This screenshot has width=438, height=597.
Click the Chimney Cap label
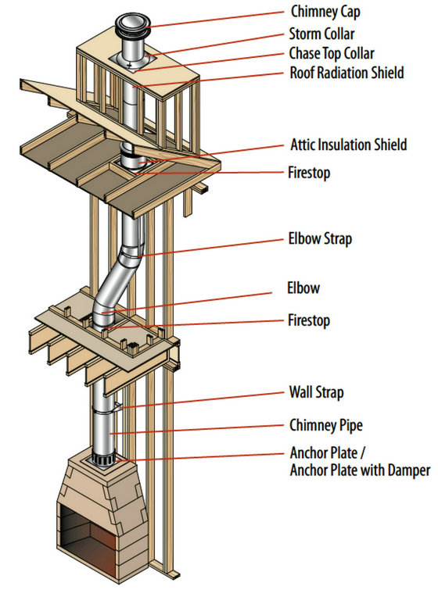click(x=325, y=12)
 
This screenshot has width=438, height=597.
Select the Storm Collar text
click(x=321, y=34)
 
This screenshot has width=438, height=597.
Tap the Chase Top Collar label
click(x=332, y=53)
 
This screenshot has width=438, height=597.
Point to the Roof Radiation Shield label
click(x=346, y=73)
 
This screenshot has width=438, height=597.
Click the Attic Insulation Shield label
click(x=348, y=145)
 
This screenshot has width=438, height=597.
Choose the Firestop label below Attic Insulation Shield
click(x=309, y=173)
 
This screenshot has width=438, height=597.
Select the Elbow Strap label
click(x=320, y=239)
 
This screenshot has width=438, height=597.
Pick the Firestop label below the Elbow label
click(x=309, y=320)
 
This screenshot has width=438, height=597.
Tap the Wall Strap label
click(x=316, y=392)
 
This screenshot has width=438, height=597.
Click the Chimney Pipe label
click(x=326, y=425)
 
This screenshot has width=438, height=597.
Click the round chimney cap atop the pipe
click(x=133, y=25)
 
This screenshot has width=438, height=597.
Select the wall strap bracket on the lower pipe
click(x=117, y=407)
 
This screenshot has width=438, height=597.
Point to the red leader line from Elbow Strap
click(x=213, y=248)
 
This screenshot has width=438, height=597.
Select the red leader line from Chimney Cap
click(x=215, y=20)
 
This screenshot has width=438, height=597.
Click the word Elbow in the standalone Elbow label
click(x=303, y=288)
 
